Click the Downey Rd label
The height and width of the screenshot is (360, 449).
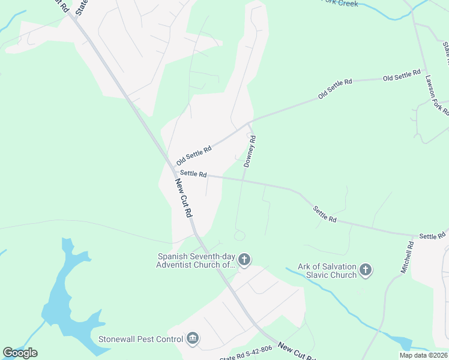(250, 151)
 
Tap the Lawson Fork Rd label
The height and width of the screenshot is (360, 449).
(436, 94)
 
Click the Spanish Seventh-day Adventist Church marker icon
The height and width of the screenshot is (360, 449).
(244, 260)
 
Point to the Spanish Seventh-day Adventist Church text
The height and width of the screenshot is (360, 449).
(194, 260)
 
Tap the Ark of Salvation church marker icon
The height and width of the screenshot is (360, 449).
(366, 271)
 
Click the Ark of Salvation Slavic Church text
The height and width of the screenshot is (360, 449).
(327, 271)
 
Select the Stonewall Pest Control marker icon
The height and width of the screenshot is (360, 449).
(193, 339)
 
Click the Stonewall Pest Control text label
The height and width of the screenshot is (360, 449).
(140, 340)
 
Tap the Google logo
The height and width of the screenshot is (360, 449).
(20, 353)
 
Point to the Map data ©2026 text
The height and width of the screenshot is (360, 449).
(424, 355)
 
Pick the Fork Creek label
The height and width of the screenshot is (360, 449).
(340, 4)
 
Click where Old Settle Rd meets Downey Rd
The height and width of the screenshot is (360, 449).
(249, 124)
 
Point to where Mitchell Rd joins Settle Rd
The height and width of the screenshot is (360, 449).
(415, 236)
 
